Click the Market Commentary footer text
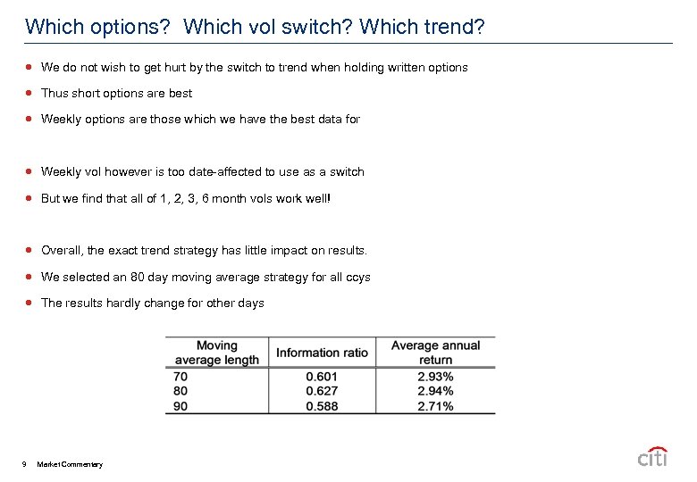(70, 464)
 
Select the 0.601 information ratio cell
(322, 377)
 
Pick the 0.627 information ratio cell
(322, 391)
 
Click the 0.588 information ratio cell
(322, 406)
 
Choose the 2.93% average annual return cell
(435, 377)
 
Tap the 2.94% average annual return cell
(435, 391)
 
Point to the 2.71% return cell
(435, 406)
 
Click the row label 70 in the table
(181, 377)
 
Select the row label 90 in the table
(181, 406)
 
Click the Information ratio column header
(322, 353)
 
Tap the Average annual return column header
(435, 353)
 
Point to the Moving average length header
(216, 353)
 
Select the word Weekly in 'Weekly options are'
(61, 119)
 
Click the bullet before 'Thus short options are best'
(29, 93)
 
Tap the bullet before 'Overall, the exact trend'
(29, 251)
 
